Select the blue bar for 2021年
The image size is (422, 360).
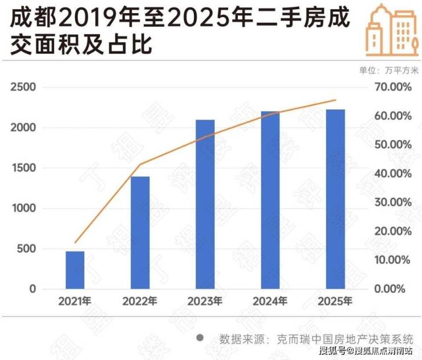tap(75, 270)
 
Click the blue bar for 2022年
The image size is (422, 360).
tap(140, 232)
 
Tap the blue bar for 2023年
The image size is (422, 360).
tap(205, 204)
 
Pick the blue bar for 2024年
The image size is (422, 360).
tap(270, 200)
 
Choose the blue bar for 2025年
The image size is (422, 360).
tap(335, 199)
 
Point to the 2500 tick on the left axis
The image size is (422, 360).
tap(23, 87)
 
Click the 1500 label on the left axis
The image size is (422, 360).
tap(23, 168)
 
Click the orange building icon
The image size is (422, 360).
tap(386, 27)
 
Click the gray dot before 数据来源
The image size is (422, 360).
tap(200, 338)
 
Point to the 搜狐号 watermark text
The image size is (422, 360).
tap(332, 350)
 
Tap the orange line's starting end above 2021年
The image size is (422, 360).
tap(75, 242)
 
